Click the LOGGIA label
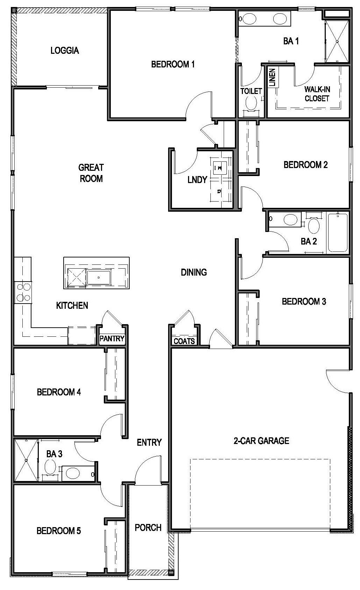(x=65, y=51)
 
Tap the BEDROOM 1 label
(x=173, y=64)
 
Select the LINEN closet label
(x=272, y=78)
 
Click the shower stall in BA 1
(x=337, y=42)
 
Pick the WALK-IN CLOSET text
(x=317, y=94)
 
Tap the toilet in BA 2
(x=314, y=226)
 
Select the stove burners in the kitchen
(x=23, y=292)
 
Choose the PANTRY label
(x=112, y=338)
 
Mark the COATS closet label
(x=184, y=341)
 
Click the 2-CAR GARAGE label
(x=261, y=441)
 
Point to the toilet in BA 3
(x=50, y=466)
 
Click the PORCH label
(x=148, y=527)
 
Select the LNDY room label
(x=197, y=180)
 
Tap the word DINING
(x=194, y=272)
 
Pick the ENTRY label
(x=149, y=443)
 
